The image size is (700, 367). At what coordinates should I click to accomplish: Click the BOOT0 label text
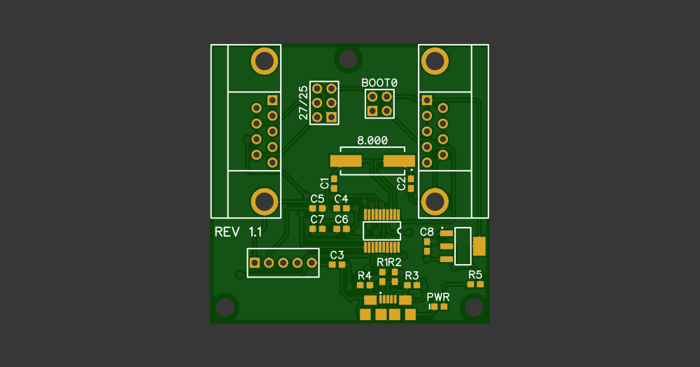[x=379, y=83]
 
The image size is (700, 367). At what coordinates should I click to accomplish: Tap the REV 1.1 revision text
[x=238, y=232]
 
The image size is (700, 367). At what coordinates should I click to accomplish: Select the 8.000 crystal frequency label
[x=372, y=140]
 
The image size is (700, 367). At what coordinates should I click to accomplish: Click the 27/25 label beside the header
[x=303, y=104]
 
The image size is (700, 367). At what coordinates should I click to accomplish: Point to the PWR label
[x=438, y=297]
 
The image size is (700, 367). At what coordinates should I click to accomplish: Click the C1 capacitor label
[x=324, y=183]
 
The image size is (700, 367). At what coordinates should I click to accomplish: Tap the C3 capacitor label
[x=337, y=254]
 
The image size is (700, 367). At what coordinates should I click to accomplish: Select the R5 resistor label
[x=475, y=274]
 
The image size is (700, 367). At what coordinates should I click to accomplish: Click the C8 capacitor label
[x=427, y=231]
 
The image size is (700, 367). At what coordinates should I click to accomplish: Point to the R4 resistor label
[x=365, y=275]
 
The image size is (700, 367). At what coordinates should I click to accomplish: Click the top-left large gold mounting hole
[x=265, y=61]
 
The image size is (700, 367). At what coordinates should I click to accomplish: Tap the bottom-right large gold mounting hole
[x=435, y=202]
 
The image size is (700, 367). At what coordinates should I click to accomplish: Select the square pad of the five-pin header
[x=255, y=263]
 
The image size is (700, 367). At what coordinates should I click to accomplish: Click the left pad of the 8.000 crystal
[x=346, y=161]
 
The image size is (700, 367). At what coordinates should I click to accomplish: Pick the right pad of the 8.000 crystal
[x=399, y=161]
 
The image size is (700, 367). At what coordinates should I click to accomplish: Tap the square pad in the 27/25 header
[x=331, y=117]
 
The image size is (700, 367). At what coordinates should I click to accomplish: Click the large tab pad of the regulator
[x=479, y=246]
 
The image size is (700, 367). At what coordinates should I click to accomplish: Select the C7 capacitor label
[x=317, y=219]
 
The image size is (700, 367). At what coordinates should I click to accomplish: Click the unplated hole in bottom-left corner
[x=225, y=307]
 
